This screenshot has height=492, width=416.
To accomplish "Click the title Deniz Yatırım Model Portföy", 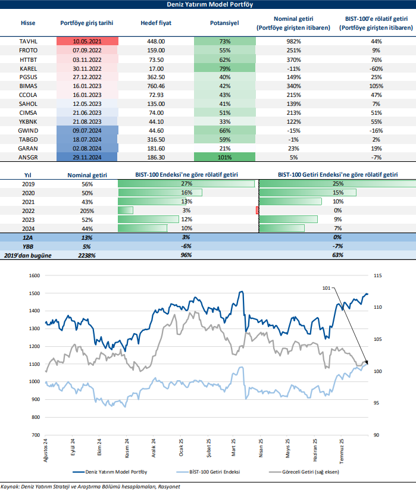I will (208, 5).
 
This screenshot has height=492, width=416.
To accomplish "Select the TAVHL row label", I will (28, 41).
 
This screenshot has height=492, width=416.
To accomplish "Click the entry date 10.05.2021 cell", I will (87, 41).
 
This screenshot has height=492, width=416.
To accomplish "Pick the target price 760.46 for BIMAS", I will (156, 86).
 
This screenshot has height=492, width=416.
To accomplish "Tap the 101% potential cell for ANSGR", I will (224, 157).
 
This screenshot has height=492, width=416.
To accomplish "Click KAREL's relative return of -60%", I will (376, 68).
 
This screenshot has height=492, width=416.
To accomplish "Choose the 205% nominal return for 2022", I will (86, 210).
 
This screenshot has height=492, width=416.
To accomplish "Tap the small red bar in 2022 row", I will (257, 210).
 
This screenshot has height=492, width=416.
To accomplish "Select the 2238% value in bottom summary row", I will (86, 255).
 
